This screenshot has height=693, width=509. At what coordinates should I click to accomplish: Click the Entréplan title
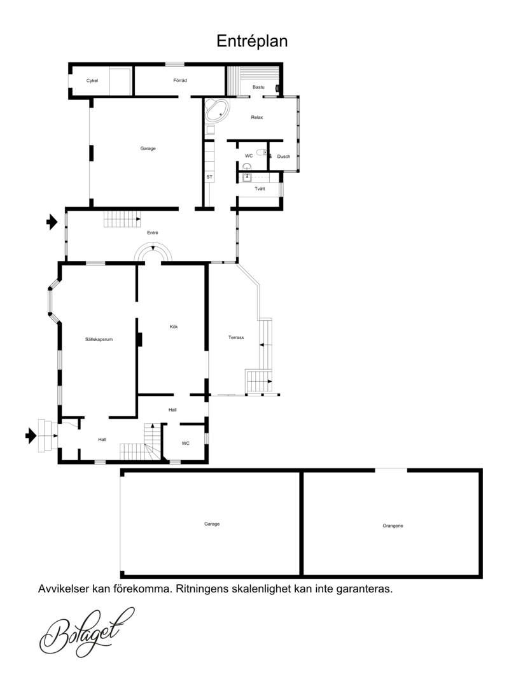pos(252,41)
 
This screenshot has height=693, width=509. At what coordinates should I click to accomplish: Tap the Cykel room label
pos(92,80)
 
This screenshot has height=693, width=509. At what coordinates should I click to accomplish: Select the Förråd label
pos(180,80)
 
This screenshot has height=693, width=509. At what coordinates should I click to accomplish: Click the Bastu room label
pos(258,87)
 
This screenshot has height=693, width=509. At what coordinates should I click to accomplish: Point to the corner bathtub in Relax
pos(218,111)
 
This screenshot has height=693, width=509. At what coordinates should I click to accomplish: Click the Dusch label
pos(284,157)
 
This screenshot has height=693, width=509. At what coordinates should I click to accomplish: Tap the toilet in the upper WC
pos(261,153)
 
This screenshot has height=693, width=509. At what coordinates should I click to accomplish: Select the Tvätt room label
pos(260,189)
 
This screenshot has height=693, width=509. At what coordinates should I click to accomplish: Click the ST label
pos(209,177)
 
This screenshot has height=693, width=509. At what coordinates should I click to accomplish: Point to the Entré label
pos(153,232)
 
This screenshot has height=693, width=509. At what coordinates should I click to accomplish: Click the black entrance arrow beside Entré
pos(52,221)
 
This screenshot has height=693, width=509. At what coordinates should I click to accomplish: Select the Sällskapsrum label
pos(99,339)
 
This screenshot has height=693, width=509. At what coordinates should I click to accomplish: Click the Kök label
pos(174,326)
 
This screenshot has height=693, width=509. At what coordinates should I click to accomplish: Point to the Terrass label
pos(236,337)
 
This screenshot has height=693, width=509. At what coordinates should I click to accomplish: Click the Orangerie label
pos(393,526)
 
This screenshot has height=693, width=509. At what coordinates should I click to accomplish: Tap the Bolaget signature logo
pos(87,632)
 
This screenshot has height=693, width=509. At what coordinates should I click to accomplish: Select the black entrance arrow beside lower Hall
pos(31,435)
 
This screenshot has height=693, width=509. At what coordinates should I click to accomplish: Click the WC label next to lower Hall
pos(186,444)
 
